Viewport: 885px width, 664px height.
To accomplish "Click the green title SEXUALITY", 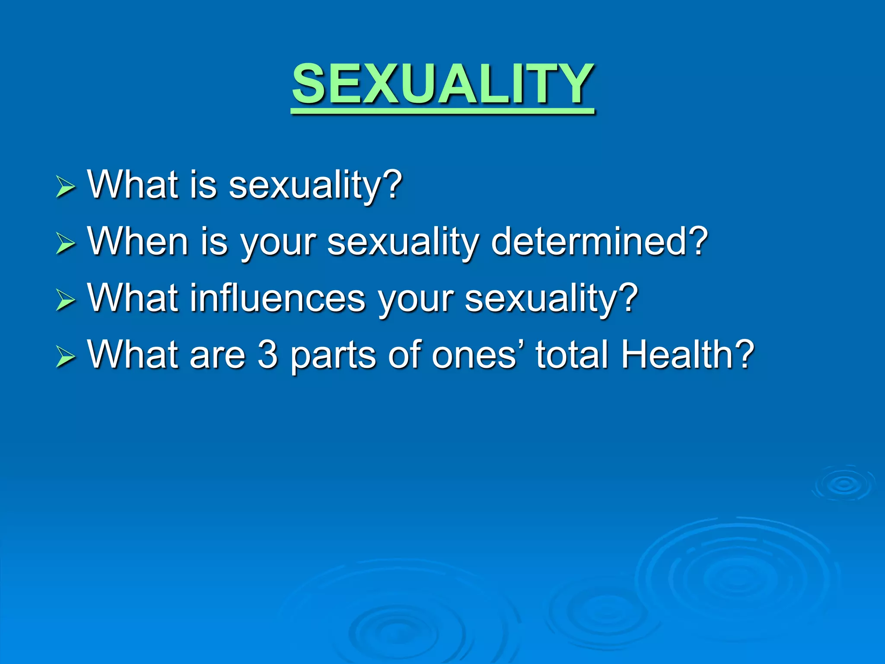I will point(442,84).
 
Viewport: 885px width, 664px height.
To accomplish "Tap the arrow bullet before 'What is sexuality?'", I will point(66,188).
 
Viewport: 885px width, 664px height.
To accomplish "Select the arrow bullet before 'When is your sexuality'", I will point(66,243).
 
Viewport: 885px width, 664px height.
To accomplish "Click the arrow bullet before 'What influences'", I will point(66,300).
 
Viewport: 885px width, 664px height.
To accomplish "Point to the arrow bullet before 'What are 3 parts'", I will point(66,357).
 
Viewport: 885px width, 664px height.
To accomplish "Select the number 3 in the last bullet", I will point(267,355).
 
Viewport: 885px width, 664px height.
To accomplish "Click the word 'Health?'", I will point(688,355).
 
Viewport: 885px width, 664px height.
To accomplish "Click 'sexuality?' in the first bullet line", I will point(315,186).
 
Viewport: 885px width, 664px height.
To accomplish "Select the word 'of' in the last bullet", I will point(404,355).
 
